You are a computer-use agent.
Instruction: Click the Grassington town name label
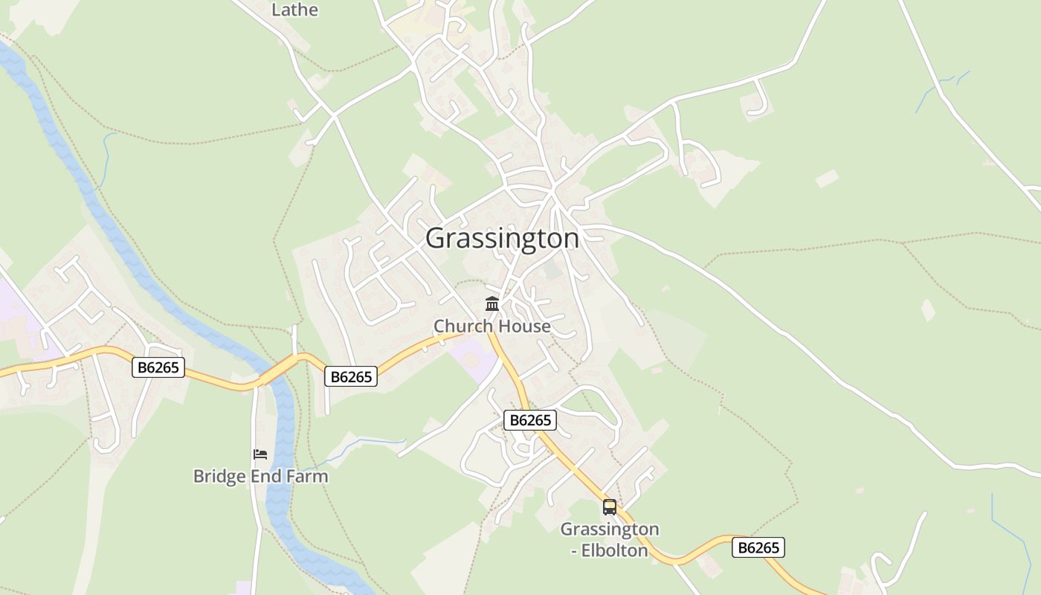click(x=502, y=238)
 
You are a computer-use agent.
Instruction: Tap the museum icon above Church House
click(x=492, y=303)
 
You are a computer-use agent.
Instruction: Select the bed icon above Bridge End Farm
click(x=260, y=454)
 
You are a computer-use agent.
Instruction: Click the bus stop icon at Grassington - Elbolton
click(x=610, y=507)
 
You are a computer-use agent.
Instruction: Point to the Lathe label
click(x=294, y=10)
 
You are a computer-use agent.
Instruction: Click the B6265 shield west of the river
click(x=158, y=367)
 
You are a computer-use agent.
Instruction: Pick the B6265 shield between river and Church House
click(x=351, y=376)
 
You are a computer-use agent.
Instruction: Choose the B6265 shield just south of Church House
click(x=529, y=420)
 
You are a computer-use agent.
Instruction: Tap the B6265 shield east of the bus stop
click(x=758, y=547)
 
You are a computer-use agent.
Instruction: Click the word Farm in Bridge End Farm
click(x=307, y=476)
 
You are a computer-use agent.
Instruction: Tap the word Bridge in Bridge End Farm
click(x=219, y=476)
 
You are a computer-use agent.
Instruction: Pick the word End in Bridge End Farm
click(x=266, y=476)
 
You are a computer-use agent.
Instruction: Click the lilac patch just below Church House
click(x=474, y=357)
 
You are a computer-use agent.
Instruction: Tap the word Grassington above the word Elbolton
click(x=610, y=530)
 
